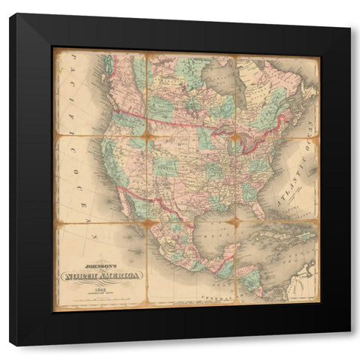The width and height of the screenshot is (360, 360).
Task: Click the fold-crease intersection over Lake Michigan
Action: pyautogui.click(x=234, y=138)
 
